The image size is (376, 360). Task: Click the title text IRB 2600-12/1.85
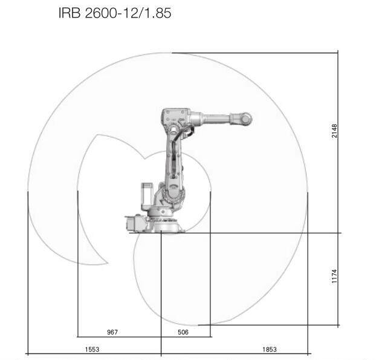pyautogui.click(x=114, y=13)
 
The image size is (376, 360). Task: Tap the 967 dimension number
pyautogui.click(x=112, y=332)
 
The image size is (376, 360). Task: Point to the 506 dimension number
pyautogui.click(x=183, y=332)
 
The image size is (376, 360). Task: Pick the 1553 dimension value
pyautogui.click(x=92, y=349)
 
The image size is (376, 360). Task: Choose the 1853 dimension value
pyautogui.click(x=270, y=349)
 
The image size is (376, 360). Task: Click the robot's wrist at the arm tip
pyautogui.click(x=244, y=119)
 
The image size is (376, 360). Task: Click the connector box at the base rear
pyautogui.click(x=134, y=222)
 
